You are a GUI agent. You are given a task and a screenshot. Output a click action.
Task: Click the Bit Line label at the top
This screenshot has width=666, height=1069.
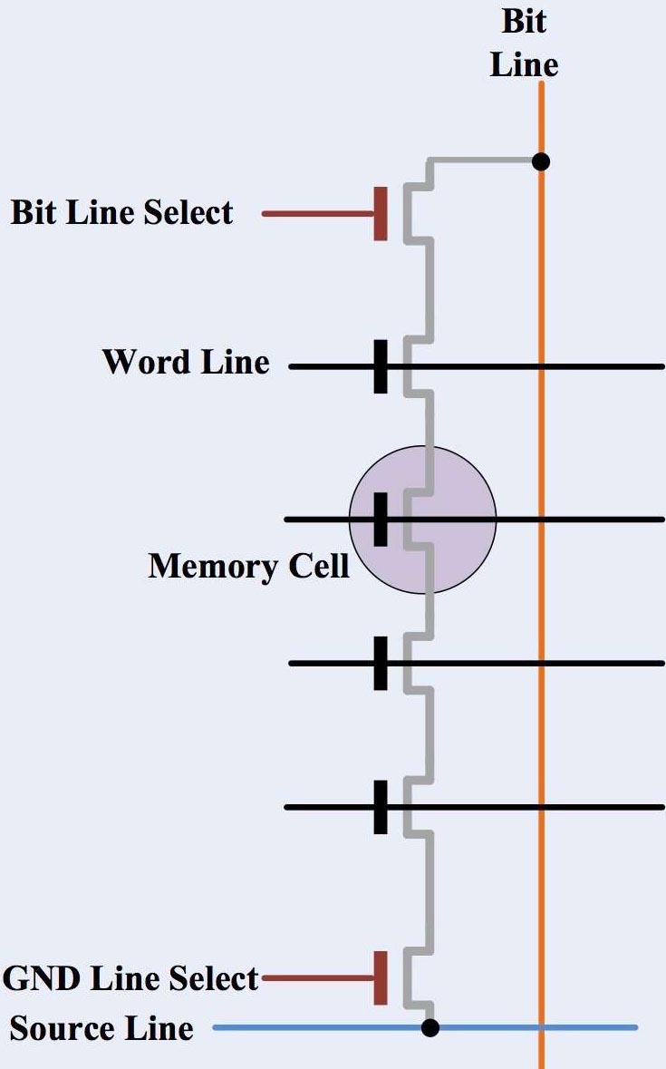click(x=524, y=44)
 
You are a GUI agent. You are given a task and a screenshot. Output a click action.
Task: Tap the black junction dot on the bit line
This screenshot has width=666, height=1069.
click(x=541, y=162)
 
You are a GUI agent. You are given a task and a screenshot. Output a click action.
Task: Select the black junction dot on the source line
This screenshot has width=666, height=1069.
click(x=430, y=1027)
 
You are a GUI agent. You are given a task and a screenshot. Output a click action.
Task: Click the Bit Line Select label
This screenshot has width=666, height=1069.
click(x=122, y=214)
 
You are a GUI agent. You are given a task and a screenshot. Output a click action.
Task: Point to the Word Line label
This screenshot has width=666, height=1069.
click(x=186, y=362)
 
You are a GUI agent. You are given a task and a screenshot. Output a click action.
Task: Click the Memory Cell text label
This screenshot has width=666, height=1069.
click(x=248, y=567)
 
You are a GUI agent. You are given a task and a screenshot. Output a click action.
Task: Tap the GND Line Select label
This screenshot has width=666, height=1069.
click(x=130, y=979)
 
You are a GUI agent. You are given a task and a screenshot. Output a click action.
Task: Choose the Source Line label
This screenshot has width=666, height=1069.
click(x=101, y=1029)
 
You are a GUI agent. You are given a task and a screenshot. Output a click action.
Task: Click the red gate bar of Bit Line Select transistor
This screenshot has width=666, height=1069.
click(x=381, y=214)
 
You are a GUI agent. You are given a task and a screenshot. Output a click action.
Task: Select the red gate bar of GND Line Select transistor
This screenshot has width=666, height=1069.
click(x=381, y=978)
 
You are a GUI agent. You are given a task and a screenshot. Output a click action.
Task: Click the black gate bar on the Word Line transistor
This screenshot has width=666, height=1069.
click(x=381, y=366)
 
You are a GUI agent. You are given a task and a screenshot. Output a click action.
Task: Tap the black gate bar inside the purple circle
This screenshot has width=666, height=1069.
click(x=381, y=520)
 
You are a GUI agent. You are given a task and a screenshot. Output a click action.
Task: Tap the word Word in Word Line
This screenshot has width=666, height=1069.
click(x=145, y=362)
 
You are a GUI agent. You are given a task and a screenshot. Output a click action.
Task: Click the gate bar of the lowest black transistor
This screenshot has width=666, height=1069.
click(x=381, y=806)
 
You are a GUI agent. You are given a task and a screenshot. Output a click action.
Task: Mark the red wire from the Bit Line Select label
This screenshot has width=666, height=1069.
click(x=317, y=214)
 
